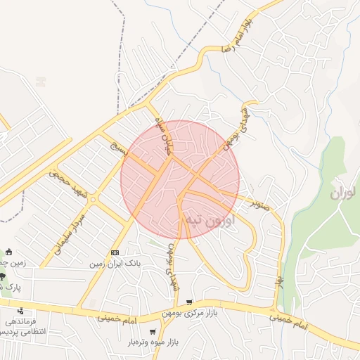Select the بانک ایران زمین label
point(115,264)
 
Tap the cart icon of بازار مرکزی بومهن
point(189,302)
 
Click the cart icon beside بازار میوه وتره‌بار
point(153,331)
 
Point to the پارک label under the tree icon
point(10,288)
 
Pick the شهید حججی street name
point(67,184)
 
